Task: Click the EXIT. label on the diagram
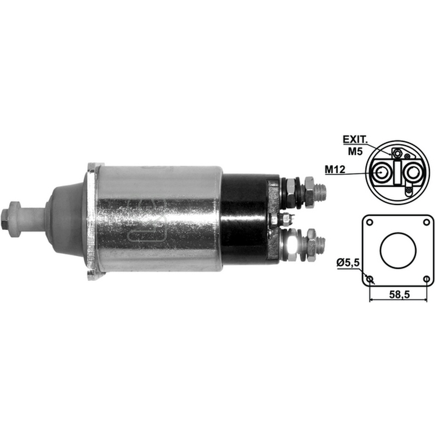355,140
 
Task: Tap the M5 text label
355,151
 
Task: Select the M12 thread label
335,169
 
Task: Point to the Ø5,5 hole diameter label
348,262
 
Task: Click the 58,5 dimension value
399,294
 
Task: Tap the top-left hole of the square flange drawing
369,222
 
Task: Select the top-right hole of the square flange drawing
426,222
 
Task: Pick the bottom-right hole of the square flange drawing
427,278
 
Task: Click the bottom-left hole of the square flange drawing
369,278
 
